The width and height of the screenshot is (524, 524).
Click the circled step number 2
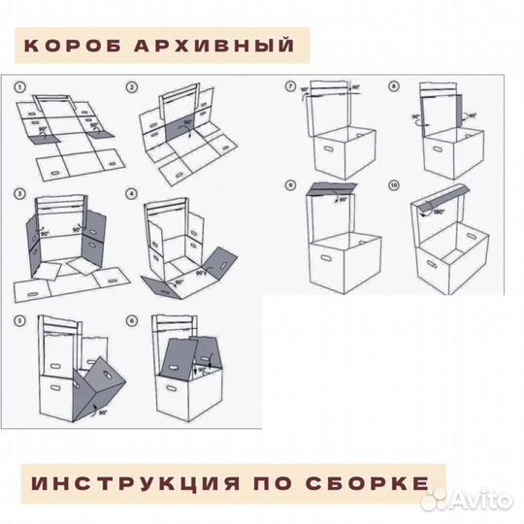tap(132, 87)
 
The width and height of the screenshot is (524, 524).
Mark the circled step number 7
tap(291, 87)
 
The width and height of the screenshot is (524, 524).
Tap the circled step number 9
tap(291, 184)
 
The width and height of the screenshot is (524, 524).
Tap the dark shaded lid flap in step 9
tap(329, 191)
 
